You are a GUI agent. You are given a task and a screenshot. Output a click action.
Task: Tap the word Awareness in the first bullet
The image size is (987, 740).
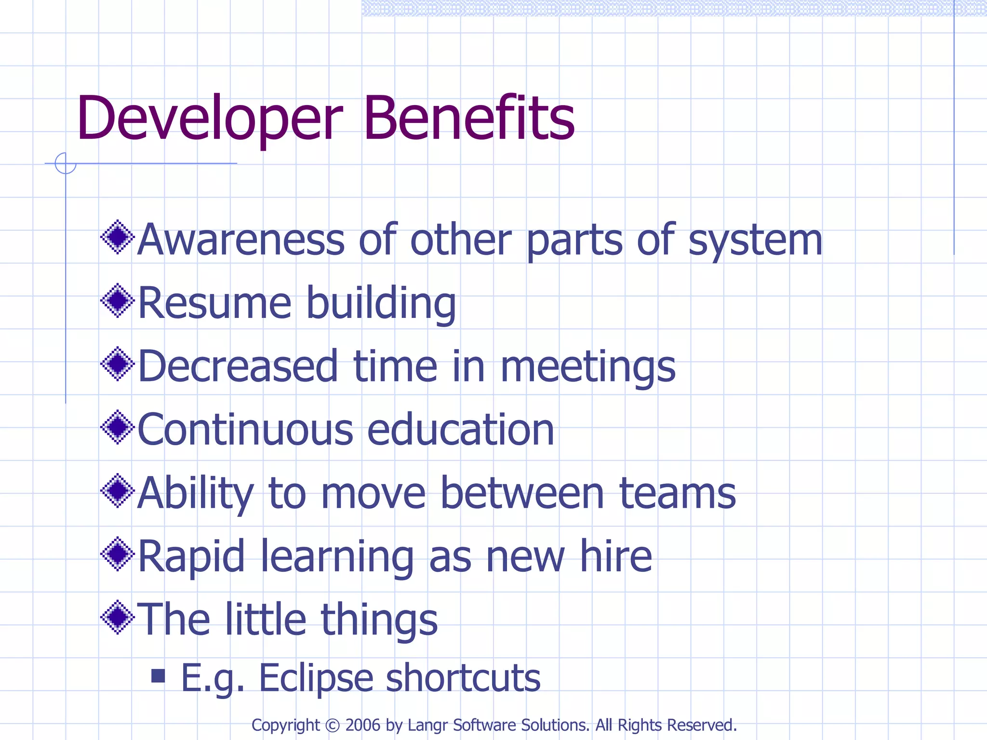pyautogui.click(x=241, y=240)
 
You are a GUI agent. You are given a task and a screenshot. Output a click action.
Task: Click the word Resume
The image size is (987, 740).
pyautogui.click(x=215, y=303)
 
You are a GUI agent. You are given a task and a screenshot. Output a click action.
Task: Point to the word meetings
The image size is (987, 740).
pyautogui.click(x=588, y=368)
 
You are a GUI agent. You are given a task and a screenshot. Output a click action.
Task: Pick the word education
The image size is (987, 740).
pyautogui.click(x=460, y=430)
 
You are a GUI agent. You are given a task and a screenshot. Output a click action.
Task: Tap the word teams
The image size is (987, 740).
pyautogui.click(x=677, y=493)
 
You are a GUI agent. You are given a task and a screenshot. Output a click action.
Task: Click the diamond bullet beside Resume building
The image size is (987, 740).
pyautogui.click(x=118, y=301)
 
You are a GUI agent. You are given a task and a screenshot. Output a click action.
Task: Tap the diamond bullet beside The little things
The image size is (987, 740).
pyautogui.click(x=118, y=617)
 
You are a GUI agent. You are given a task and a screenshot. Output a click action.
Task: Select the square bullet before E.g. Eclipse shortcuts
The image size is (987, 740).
pyautogui.click(x=158, y=675)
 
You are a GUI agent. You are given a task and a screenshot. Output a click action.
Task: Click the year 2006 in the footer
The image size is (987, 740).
pyautogui.click(x=363, y=725)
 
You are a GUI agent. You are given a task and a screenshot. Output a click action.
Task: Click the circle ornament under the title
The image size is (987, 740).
pyautogui.click(x=66, y=163)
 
